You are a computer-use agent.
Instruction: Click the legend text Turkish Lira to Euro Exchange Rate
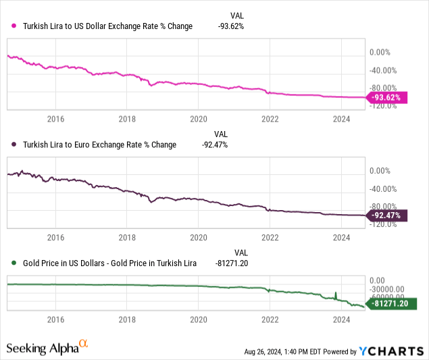coord(99,145)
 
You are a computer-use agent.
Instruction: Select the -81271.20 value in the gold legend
coord(233,263)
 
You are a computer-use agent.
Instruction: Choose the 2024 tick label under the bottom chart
coord(342,322)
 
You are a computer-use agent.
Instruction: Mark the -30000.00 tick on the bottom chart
coord(389,287)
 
